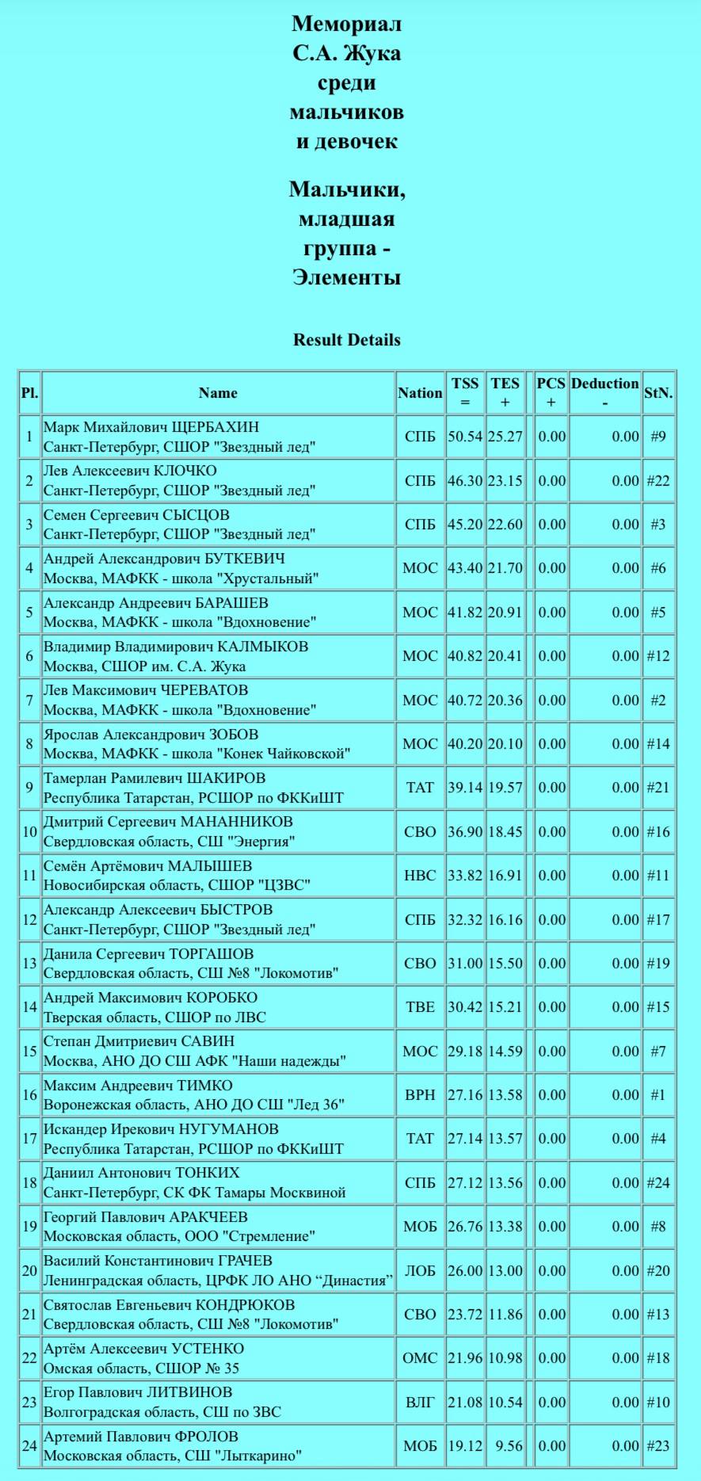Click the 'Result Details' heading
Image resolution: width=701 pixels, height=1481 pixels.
pos(346,340)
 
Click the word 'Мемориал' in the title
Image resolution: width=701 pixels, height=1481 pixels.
pos(346,24)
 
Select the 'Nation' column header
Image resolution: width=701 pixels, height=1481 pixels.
pos(420,393)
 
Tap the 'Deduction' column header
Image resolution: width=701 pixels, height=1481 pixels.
pos(604,384)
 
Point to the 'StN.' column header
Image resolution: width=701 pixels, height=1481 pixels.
pos(657,393)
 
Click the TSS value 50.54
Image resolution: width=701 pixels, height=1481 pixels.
pos(465,437)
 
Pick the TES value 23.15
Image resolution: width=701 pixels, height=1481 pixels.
pos(505,481)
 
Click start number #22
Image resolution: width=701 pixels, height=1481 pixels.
pos(657,481)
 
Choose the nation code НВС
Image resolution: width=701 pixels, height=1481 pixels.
pos(420,876)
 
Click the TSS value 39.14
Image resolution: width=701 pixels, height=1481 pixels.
pos(465,788)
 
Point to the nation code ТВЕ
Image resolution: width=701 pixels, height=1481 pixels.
pos(420,1007)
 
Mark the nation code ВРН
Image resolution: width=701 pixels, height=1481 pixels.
pos(420,1095)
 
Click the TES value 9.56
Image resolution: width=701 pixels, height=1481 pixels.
pos(508,1446)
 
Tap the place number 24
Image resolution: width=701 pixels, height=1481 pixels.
pos(29,1446)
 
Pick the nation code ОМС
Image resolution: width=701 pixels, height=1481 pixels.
pos(420,1358)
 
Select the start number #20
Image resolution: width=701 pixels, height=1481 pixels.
pos(657,1270)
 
